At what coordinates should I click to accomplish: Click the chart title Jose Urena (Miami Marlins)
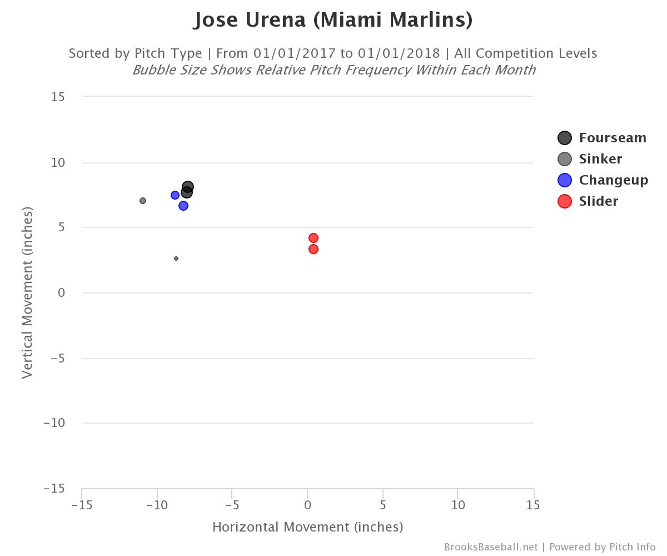(x=333, y=21)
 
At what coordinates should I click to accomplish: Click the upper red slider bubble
(x=313, y=238)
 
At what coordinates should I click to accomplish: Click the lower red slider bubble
(x=313, y=249)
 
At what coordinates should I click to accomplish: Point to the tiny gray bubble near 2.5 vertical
(x=176, y=259)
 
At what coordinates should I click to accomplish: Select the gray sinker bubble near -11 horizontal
(x=143, y=201)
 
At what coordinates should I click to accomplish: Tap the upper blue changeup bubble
(x=175, y=195)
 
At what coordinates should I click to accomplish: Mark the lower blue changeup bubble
(x=183, y=206)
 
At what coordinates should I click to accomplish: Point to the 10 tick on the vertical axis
(x=58, y=163)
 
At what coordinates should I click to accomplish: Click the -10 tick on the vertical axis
(x=54, y=423)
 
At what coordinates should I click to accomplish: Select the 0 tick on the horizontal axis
(x=307, y=505)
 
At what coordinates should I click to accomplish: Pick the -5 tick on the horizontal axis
(x=232, y=505)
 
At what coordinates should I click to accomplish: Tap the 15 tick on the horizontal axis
(x=533, y=505)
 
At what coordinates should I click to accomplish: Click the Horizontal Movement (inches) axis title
(x=307, y=527)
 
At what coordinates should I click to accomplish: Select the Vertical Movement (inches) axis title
(x=27, y=292)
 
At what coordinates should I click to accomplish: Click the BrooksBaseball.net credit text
(x=491, y=547)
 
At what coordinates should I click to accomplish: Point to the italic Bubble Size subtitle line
(x=333, y=70)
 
